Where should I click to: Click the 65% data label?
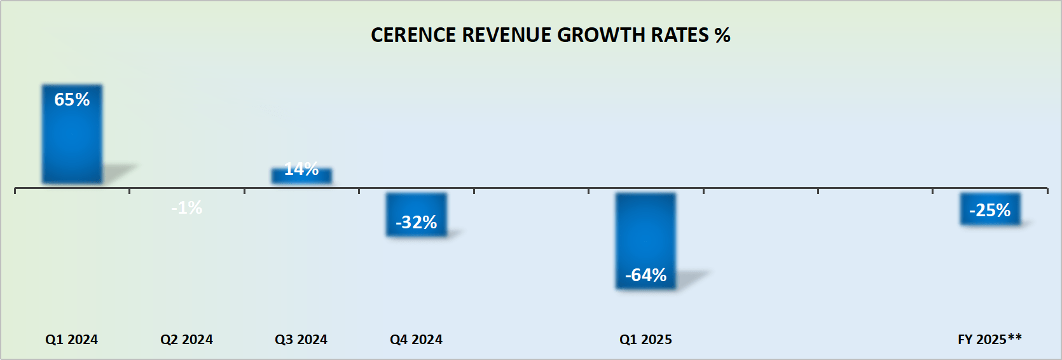click(72, 99)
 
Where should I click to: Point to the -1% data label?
click(186, 207)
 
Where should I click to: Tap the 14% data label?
click(301, 169)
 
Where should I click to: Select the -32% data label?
click(417, 222)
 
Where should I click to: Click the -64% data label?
click(645, 275)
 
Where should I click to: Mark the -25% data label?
click(990, 210)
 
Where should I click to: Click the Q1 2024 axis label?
click(71, 340)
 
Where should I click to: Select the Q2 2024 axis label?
click(186, 340)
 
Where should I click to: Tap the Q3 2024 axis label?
click(301, 340)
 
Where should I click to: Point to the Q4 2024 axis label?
click(416, 340)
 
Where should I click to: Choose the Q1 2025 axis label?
click(645, 340)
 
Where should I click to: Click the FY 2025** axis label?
click(990, 339)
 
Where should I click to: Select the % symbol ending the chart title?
click(722, 35)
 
